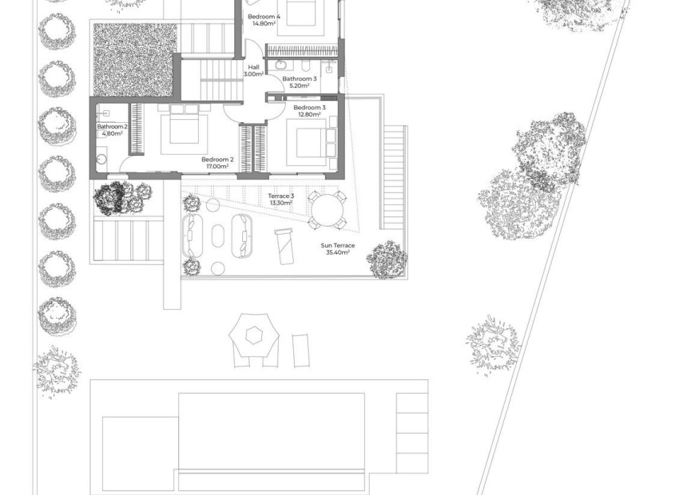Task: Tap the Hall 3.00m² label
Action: coord(253,70)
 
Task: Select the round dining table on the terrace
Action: coord(328,212)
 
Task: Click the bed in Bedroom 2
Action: coord(185,133)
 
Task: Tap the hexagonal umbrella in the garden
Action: coord(254,335)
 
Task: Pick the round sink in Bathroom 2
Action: coord(101,158)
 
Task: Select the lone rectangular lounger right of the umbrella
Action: coord(300,349)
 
